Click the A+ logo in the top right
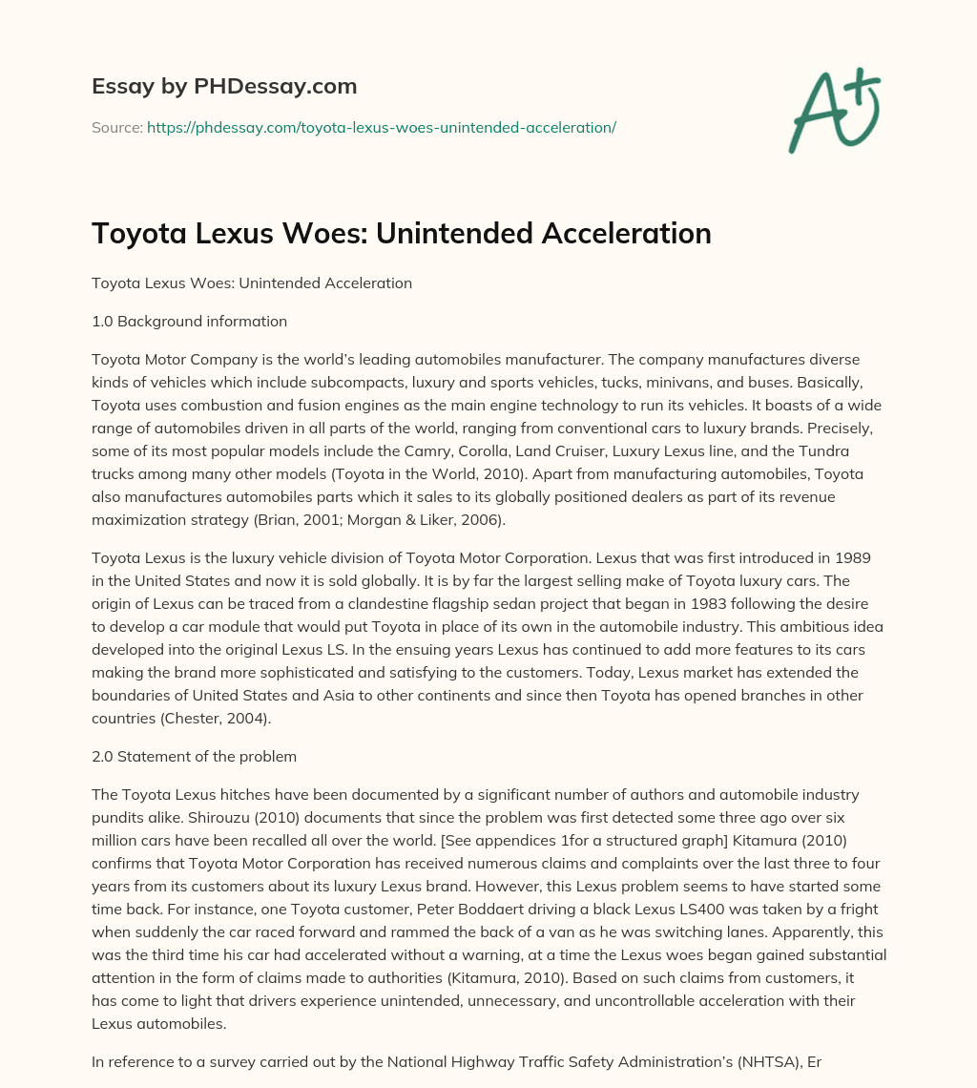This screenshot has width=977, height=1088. pos(833,110)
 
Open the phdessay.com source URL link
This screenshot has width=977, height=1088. pos(382,127)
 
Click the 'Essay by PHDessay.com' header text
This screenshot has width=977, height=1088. pos(224,86)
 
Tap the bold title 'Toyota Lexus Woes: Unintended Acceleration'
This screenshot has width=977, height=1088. pos(402,234)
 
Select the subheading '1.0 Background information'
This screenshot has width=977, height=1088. pos(189,322)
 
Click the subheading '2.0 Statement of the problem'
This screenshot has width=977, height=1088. pos(194,757)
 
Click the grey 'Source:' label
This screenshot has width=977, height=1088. pos(117,127)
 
